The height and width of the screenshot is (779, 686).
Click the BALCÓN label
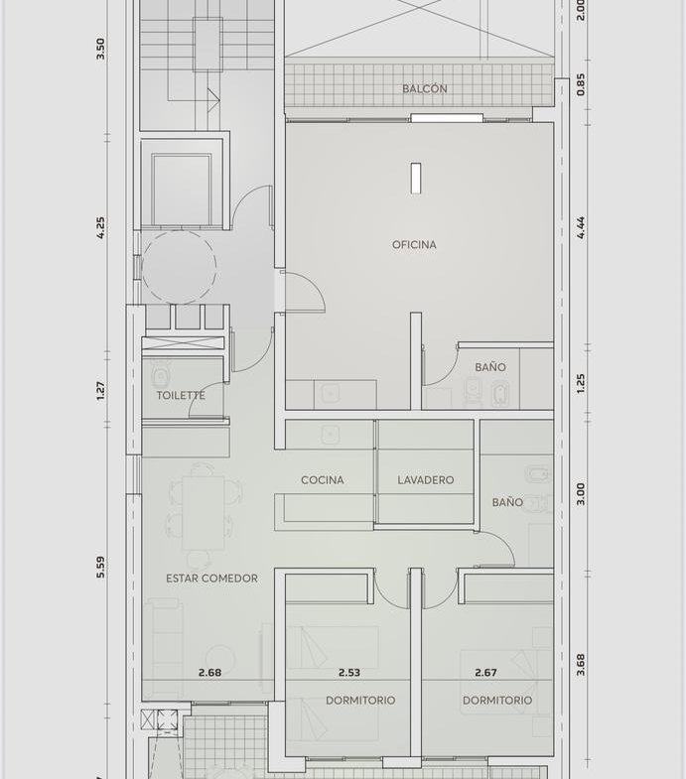425,89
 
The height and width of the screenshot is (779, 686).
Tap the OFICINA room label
414,244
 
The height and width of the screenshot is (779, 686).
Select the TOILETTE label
181,396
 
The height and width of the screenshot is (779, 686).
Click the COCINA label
322,480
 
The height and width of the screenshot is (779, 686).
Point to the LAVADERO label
426,480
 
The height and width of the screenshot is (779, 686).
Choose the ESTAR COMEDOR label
211,579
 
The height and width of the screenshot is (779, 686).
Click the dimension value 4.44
581,227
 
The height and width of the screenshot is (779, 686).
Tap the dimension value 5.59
100,567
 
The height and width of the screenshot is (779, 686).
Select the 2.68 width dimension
209,673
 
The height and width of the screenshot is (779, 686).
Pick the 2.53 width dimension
349,673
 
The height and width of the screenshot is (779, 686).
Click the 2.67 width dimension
485,673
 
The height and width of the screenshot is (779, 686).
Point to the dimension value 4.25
100,227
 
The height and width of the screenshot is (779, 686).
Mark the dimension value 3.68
581,665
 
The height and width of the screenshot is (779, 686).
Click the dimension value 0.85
581,84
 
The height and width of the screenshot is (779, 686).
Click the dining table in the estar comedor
203,513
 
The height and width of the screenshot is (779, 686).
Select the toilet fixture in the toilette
160,375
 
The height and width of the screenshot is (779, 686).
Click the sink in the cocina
330,436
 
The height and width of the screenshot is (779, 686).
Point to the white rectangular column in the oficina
416,178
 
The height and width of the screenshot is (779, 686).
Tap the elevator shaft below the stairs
181,190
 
